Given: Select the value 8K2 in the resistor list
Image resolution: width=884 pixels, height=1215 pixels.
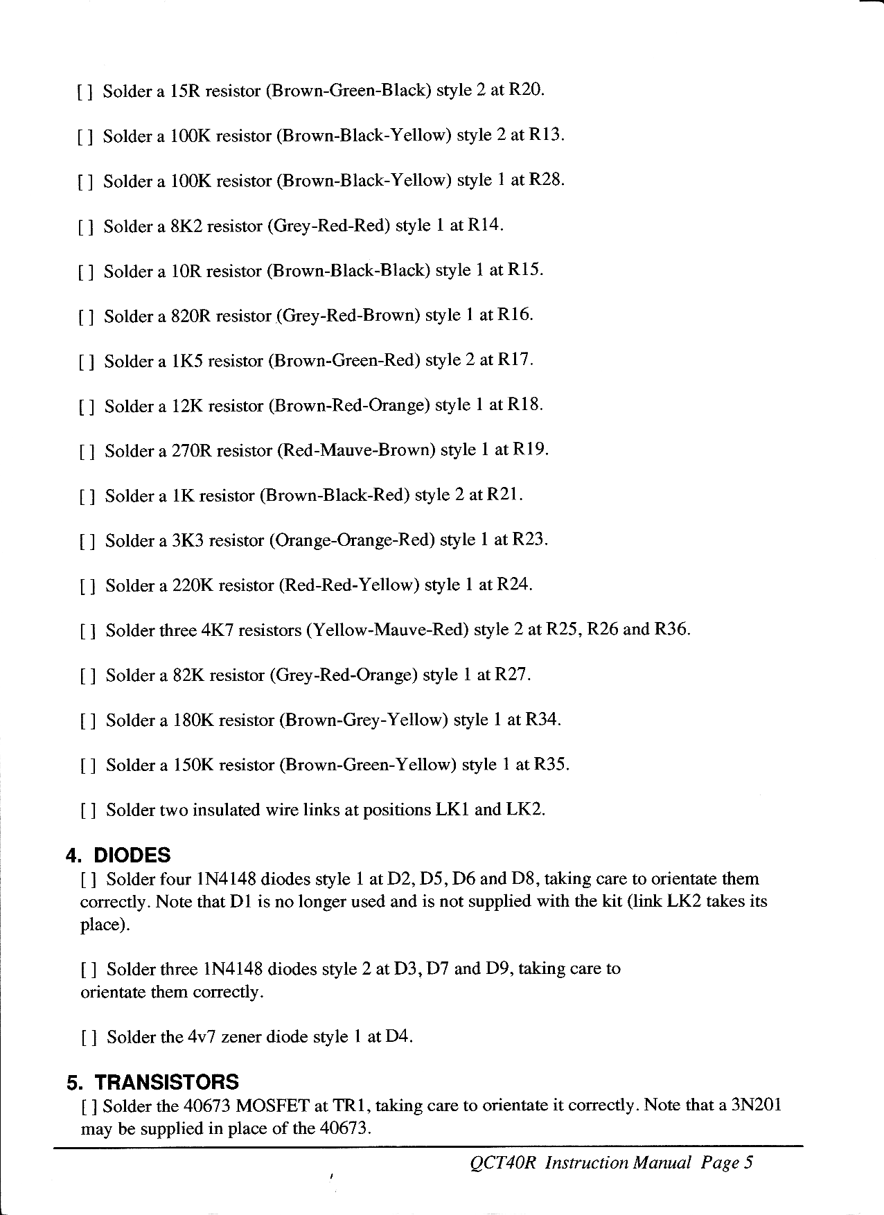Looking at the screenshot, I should click(x=186, y=226).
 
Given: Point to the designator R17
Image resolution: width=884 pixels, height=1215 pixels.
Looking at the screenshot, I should click(x=515, y=360).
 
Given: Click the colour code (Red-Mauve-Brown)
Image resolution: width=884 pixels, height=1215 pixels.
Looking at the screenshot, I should click(x=355, y=450).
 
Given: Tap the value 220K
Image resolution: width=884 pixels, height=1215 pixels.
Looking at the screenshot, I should click(x=192, y=585).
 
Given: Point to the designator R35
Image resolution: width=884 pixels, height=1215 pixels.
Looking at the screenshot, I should click(x=551, y=765).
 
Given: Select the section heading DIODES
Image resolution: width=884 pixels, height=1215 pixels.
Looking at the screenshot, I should click(x=132, y=855).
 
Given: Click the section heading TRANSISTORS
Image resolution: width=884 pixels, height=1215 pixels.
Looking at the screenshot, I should click(x=166, y=1082).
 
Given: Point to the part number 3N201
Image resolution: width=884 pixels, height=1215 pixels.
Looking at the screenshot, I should click(x=756, y=1104).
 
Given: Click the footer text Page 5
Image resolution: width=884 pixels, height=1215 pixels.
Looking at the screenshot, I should click(x=727, y=1162).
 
